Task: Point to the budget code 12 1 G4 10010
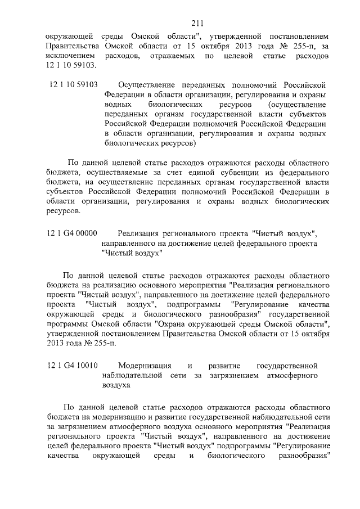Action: pos(73,366)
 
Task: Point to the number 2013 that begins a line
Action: pos(56,346)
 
